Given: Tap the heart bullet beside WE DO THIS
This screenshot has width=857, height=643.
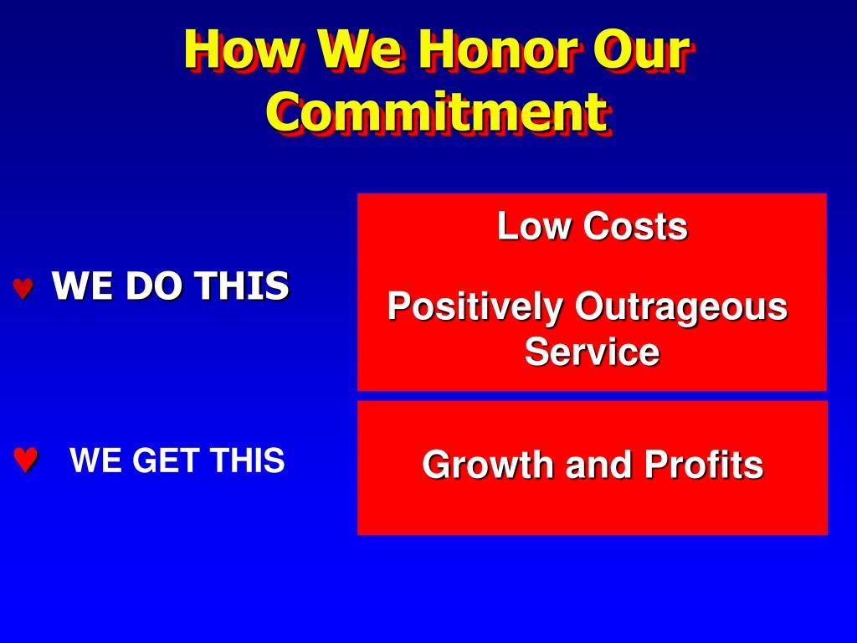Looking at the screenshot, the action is click(23, 289).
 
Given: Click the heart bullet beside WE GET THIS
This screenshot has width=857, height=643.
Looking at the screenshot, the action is click(25, 460).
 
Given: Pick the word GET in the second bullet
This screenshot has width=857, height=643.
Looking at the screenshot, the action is click(167, 460).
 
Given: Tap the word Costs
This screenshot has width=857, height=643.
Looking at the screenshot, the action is click(636, 226).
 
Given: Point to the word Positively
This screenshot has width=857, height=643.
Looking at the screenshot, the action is click(475, 306).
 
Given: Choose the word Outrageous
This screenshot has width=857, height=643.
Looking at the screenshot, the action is click(681, 306).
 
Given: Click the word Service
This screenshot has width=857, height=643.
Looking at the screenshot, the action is click(592, 351).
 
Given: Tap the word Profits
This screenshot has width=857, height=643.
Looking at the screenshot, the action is click(703, 464).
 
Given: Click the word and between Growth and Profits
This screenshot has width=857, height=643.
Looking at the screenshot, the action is click(599, 464).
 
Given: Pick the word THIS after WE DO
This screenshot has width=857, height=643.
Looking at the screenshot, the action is click(242, 285).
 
